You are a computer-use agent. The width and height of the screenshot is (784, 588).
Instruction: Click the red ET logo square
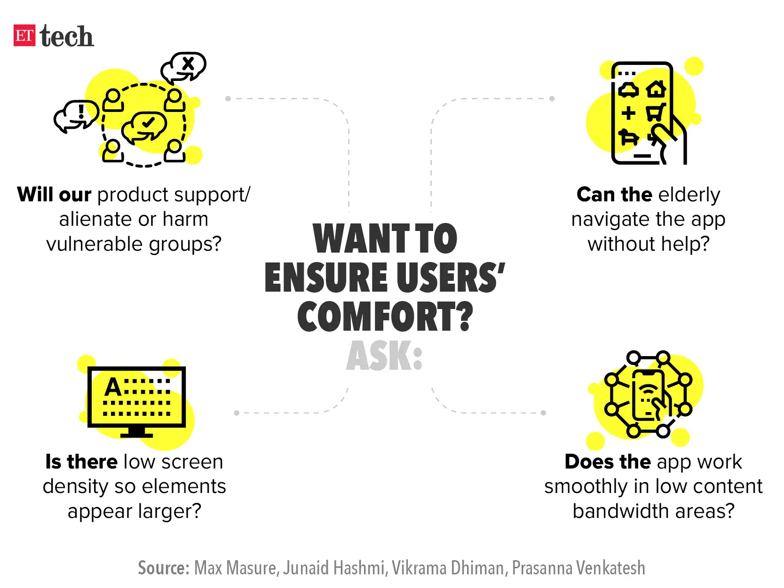tap(24, 35)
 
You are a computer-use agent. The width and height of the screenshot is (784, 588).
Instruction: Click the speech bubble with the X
tap(183, 67)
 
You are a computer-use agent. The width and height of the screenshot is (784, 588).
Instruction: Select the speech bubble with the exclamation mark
tap(76, 116)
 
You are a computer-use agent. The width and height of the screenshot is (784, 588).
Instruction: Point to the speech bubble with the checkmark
tap(144, 127)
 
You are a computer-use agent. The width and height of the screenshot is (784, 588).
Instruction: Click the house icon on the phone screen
tap(657, 88)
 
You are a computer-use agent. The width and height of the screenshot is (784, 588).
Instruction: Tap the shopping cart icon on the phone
tap(656, 112)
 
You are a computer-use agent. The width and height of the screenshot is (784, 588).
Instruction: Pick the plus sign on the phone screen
tap(628, 113)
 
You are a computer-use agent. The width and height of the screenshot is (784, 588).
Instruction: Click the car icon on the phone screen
tap(628, 90)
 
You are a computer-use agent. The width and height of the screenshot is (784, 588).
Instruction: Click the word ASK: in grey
tap(384, 356)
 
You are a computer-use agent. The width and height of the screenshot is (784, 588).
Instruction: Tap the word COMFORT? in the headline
tap(385, 316)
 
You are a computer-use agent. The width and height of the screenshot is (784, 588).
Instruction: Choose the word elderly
tap(689, 195)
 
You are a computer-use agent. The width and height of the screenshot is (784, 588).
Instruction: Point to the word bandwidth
tap(621, 511)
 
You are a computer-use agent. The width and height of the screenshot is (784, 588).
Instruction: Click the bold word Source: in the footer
tap(164, 568)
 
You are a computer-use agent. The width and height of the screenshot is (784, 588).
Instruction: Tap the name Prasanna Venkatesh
tap(578, 568)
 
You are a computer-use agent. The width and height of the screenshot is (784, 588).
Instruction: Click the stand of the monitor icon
tap(136, 432)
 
